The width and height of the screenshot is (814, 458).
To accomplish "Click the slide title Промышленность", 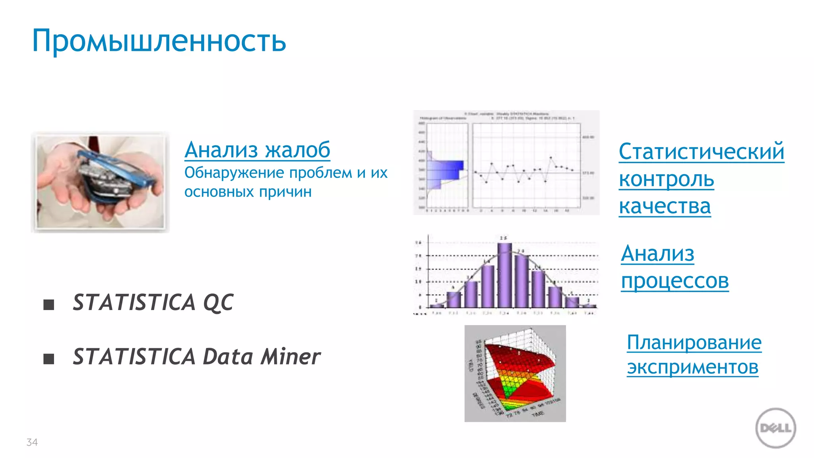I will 159,41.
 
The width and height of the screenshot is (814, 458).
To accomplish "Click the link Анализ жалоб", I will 257,150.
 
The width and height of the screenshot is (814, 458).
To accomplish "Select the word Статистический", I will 701,152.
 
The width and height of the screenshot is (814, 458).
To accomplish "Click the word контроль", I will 666,179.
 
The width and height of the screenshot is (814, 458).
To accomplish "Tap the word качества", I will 665,206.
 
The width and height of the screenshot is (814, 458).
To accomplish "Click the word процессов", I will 674,281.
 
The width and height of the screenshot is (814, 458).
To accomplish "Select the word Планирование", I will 694,342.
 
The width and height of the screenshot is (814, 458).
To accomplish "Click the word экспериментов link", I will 692,367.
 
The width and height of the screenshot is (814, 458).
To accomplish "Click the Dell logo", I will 775,428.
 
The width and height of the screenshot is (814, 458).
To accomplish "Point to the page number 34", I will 32,442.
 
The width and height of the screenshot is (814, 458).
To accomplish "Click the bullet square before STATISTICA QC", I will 48,305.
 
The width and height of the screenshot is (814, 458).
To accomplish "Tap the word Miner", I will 290,356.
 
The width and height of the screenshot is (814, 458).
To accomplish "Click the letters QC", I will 218,303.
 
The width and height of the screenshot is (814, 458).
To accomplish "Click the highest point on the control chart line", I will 550,157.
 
